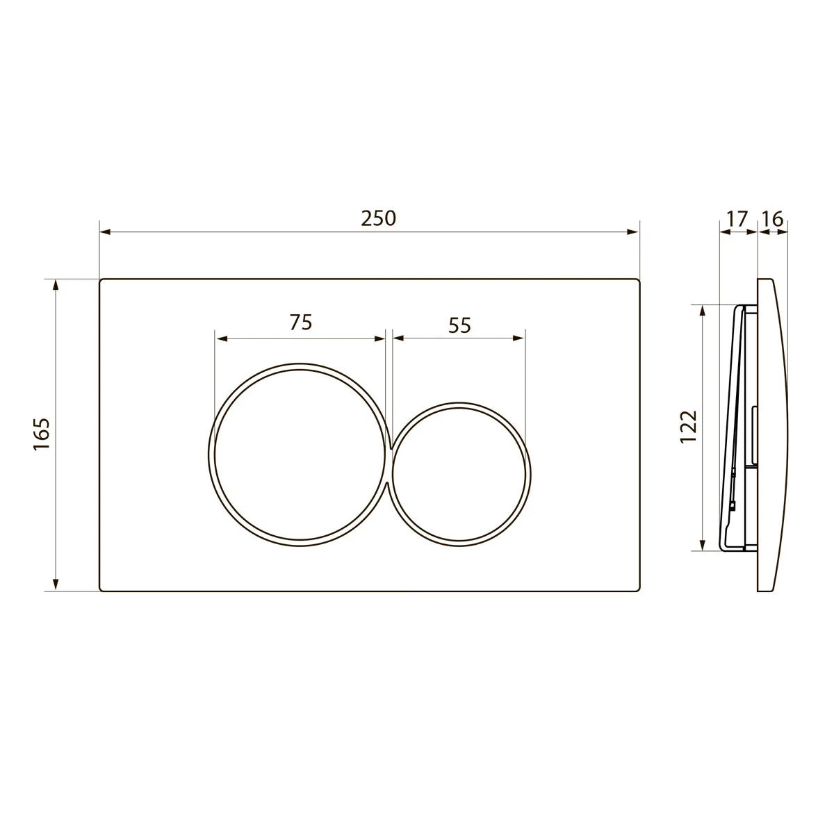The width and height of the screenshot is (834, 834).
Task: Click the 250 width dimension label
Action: coord(378,218)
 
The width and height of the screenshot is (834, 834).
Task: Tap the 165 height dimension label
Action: coord(42,434)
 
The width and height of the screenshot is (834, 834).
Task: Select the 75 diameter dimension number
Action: coord(301,322)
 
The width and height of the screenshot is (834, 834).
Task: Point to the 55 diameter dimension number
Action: coord(459,325)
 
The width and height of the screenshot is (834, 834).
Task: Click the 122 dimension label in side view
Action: coord(689,426)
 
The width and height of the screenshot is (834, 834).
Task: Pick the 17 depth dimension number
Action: coord(737,219)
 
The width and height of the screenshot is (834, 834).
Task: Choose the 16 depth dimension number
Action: coord(773,219)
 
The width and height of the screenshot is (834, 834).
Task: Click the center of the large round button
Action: coord(300,454)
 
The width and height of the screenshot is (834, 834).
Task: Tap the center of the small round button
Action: coord(459,475)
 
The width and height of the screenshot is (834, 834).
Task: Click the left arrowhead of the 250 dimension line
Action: coord(105,232)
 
